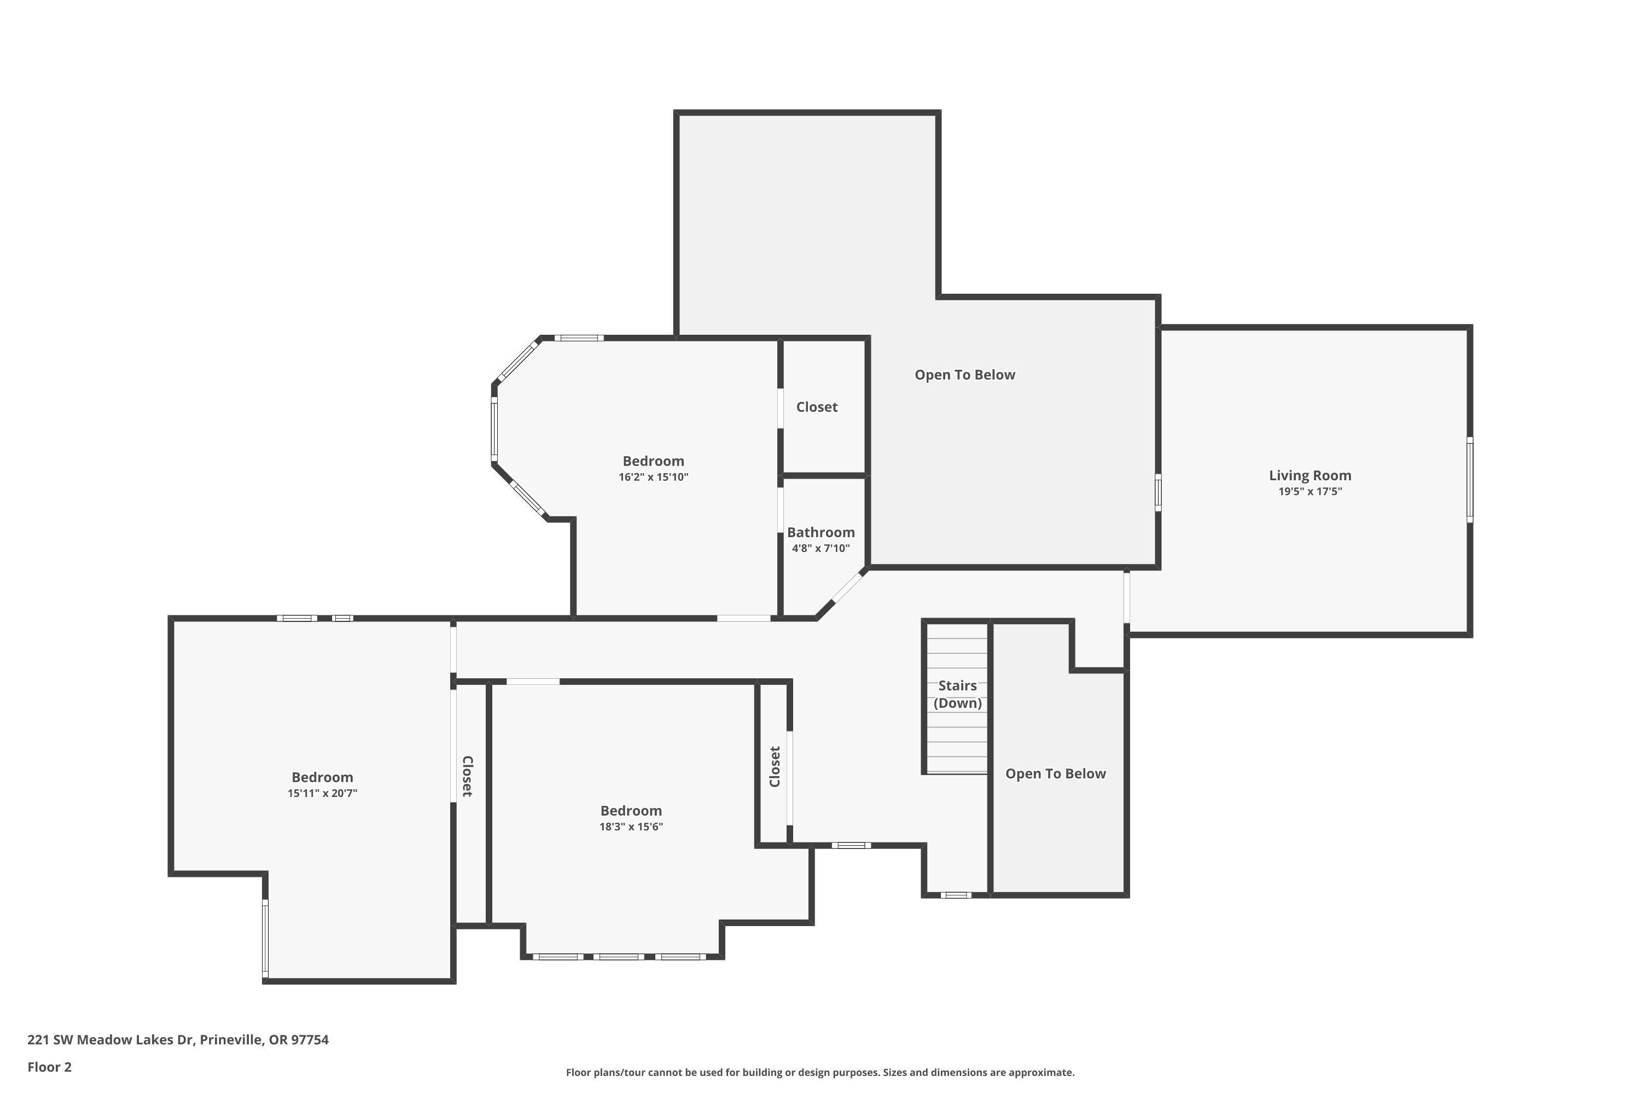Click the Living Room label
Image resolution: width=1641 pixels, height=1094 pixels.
[x=1310, y=475]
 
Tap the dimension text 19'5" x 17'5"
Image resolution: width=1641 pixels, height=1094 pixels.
[x=1310, y=491]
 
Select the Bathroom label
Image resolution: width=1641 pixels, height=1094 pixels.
[x=821, y=532]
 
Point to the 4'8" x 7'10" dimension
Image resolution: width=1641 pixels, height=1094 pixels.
[x=821, y=549]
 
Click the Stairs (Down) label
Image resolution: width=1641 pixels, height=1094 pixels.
[x=957, y=694]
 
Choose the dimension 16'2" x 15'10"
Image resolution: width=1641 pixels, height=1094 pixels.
[x=653, y=477]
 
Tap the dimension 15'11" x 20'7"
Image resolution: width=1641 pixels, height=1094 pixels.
[x=322, y=793]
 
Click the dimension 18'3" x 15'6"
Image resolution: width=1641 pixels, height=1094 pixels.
[x=631, y=827]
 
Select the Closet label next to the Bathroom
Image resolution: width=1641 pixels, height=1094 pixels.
[x=816, y=407]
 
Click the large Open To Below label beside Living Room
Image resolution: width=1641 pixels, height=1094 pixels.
[x=964, y=375]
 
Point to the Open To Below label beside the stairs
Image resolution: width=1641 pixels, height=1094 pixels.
[x=1055, y=774]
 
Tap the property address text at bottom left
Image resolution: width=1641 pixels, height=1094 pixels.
[x=178, y=1040]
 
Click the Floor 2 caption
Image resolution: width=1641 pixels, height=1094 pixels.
[x=50, y=1067]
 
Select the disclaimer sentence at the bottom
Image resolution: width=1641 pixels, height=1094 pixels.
[x=820, y=1072]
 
